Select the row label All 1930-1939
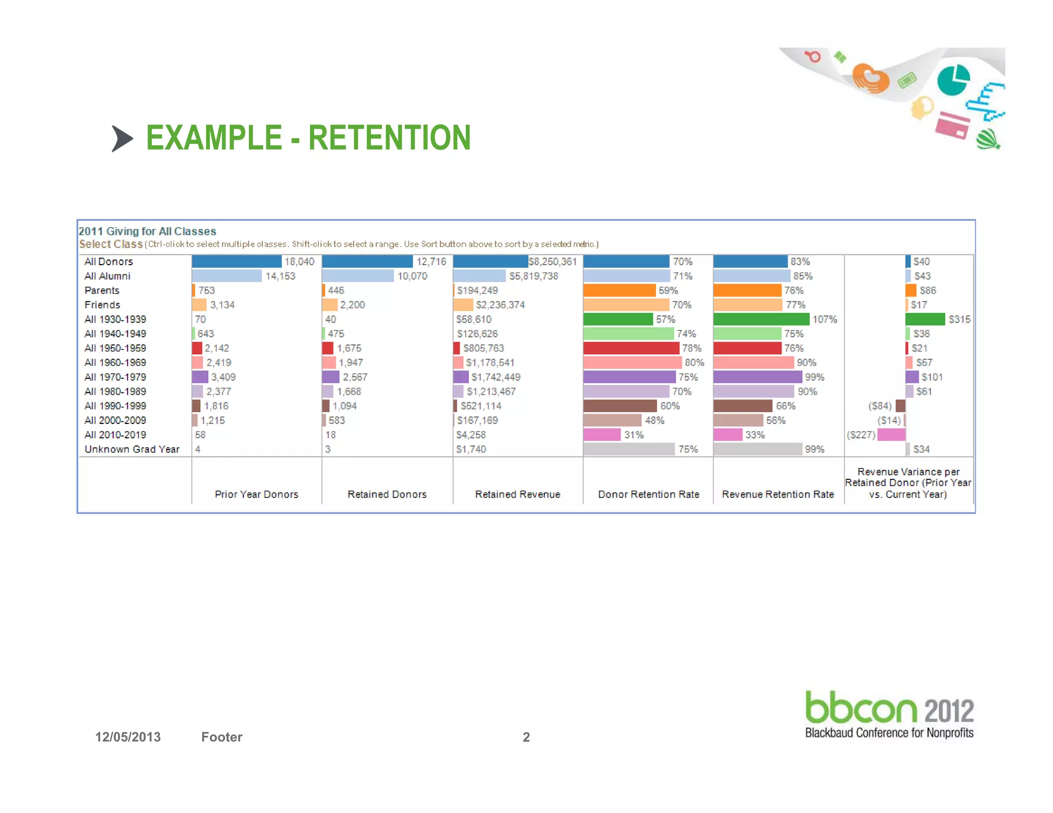115,319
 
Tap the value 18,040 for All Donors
299,262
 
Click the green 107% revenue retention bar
761,319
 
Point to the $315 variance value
959,319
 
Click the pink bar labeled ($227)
891,435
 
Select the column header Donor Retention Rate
648,494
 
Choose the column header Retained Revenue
517,494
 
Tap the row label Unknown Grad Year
132,449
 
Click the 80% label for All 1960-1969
694,363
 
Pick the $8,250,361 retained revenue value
553,262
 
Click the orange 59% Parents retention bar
619,290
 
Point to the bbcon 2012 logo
889,714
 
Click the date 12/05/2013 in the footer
128,737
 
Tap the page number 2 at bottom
526,737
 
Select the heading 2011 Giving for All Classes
147,231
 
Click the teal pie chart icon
953,80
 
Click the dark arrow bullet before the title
122,139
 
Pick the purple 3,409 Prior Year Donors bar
200,377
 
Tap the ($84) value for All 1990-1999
880,406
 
